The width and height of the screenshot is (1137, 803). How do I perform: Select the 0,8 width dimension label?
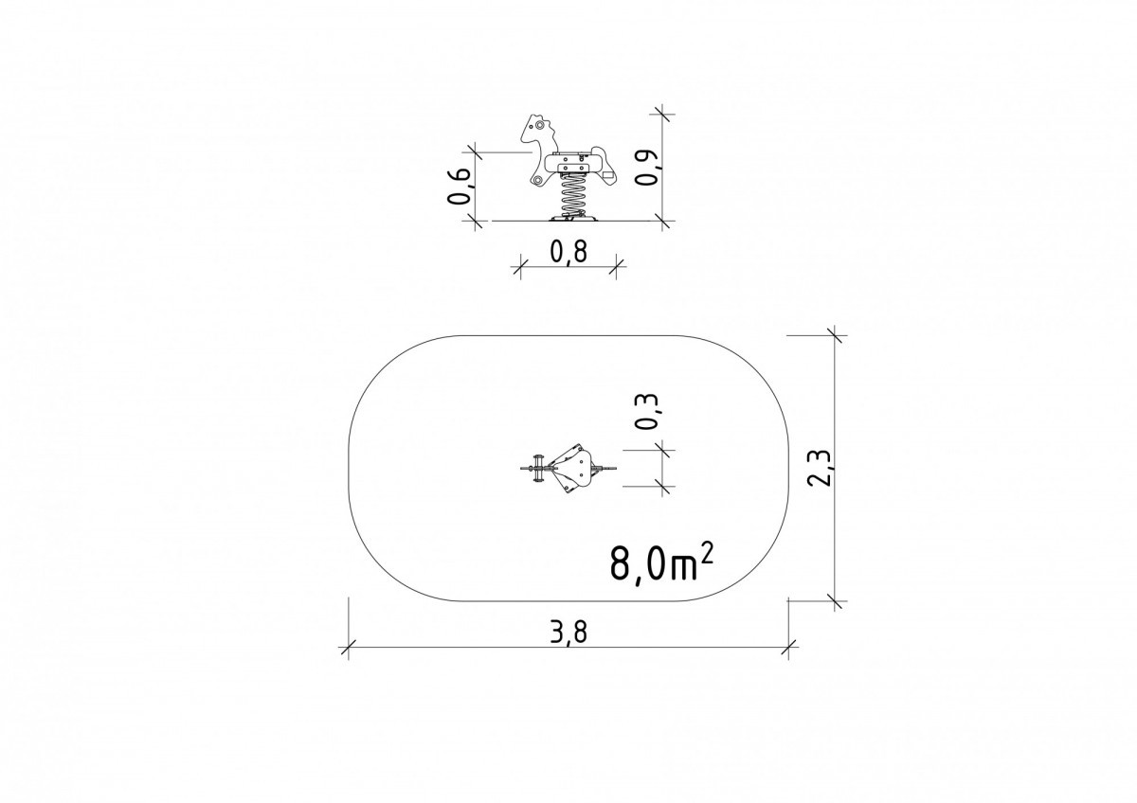(x=568, y=252)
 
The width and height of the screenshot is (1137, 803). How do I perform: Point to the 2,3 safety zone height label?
(x=820, y=469)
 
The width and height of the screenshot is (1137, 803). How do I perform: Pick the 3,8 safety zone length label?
(x=568, y=633)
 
